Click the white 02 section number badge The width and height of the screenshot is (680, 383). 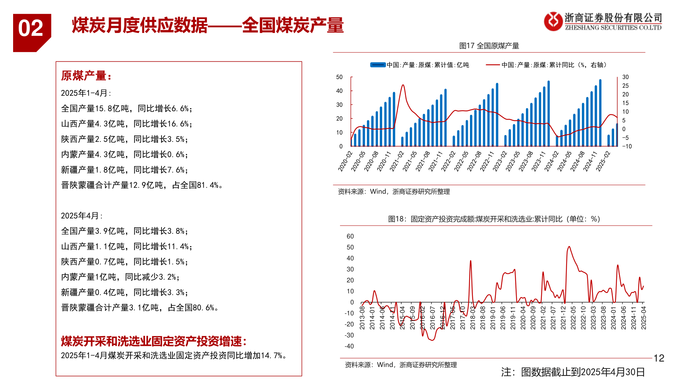31,28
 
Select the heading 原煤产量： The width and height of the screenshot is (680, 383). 86,76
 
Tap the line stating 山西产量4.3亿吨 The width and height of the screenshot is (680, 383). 126,124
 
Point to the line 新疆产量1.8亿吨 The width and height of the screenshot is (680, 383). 124,170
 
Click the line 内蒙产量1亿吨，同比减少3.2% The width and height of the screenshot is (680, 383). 120,277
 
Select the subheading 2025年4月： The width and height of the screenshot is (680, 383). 82,216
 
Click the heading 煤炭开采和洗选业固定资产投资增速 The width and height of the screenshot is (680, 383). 154,341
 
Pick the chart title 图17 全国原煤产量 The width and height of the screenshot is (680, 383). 489,46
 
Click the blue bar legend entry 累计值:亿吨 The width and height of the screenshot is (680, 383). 420,65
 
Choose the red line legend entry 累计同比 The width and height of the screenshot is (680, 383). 547,65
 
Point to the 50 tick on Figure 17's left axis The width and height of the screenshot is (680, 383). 339,77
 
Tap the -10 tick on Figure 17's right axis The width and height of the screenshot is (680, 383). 627,146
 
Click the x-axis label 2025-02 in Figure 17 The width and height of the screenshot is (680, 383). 603,161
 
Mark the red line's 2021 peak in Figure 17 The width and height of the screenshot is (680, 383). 403,85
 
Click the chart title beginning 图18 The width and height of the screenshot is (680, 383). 494,219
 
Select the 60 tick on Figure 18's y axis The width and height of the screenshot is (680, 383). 350,236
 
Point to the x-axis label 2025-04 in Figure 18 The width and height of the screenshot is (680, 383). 644,318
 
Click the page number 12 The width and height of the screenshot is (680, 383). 659,358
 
